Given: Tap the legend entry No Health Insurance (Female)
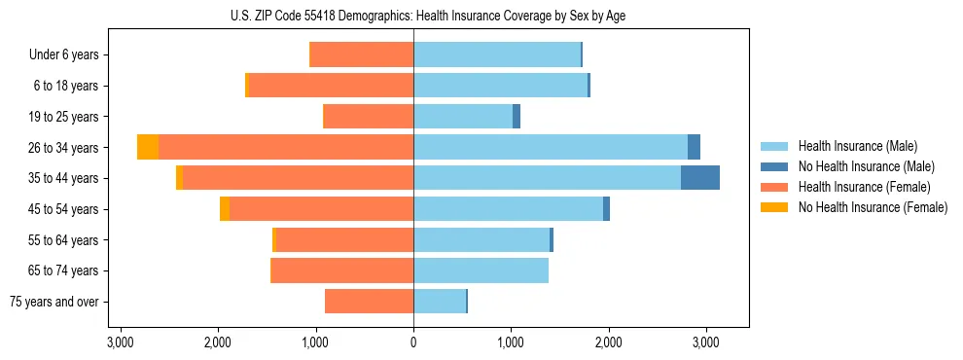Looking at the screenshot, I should [x=872, y=207].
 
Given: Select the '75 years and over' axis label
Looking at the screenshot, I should [x=53, y=302].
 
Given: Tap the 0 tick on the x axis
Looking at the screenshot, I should [x=413, y=342].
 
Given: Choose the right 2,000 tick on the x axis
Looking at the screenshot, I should [x=608, y=342].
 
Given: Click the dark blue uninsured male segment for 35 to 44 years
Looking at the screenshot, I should [x=700, y=178].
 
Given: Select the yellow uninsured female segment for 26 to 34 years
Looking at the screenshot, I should [x=148, y=147].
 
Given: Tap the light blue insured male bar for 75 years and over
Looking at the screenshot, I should [x=440, y=302].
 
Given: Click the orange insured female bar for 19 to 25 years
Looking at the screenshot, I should [x=368, y=117].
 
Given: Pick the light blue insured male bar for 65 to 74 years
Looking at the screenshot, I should [x=481, y=270].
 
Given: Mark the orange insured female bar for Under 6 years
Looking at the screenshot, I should [x=361, y=55].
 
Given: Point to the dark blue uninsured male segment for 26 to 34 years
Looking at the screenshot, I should [x=694, y=147].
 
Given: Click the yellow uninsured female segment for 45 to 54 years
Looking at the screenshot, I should [x=225, y=209].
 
